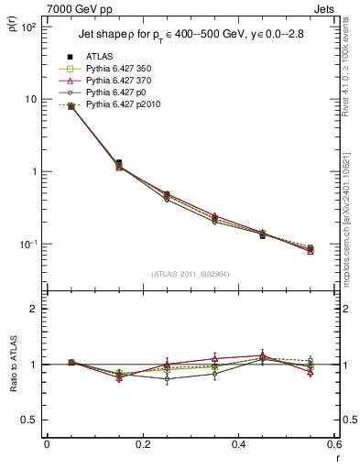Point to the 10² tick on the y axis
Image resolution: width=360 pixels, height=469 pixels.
27,27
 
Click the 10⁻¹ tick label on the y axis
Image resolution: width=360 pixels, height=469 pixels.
27,245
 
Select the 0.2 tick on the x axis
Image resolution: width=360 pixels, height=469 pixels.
142,443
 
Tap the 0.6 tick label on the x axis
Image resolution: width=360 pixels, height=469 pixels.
333,443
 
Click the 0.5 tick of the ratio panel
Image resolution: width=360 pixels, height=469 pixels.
30,420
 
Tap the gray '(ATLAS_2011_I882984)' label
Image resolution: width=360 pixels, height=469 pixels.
190,274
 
